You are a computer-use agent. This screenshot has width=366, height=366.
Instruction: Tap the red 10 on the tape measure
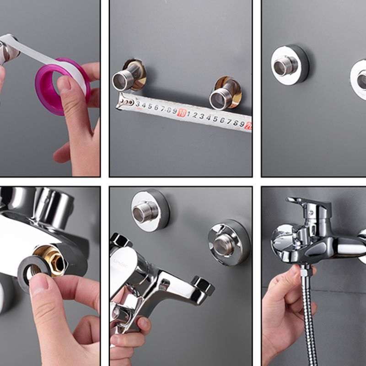(181, 113)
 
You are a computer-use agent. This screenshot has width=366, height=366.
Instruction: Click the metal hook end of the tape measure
(122, 102)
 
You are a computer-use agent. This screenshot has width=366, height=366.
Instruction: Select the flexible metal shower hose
(309, 320)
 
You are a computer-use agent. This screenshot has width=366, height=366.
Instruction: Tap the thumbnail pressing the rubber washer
(40, 285)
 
